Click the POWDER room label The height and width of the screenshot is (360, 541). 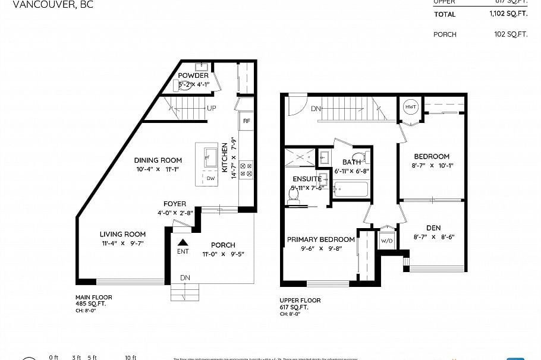pos(193,75)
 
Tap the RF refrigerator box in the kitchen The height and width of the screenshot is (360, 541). pos(247,121)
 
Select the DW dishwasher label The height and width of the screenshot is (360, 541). pos(211,178)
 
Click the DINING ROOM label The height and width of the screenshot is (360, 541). pos(158,160)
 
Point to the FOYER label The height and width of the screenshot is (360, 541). pos(175,204)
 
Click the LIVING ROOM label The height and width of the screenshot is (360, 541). pos(122,234)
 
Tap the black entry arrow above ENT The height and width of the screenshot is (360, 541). pos(183,242)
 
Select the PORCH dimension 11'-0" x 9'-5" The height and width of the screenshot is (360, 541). pos(223,254)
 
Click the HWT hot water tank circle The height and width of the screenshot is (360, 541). pos(410,107)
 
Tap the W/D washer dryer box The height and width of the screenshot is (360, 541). pos(386,241)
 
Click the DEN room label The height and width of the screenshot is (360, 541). pos(433,228)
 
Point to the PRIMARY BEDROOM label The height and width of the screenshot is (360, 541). pos(320,239)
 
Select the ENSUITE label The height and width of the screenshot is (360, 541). pos(307,179)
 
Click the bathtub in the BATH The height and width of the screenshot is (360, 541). pos(351,190)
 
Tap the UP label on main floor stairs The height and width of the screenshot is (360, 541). pos(211,108)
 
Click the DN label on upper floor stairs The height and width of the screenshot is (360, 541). pos(316,109)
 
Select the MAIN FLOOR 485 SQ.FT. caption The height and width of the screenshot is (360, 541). pos(93,301)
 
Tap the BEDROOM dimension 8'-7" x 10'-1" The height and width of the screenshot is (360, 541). pos(432,166)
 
